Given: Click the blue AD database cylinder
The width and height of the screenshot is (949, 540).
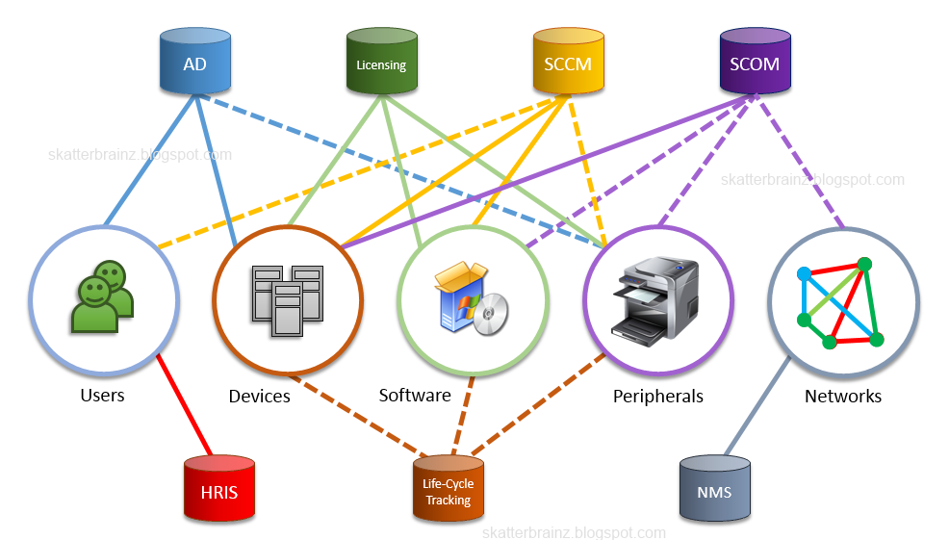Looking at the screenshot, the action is tap(194, 61).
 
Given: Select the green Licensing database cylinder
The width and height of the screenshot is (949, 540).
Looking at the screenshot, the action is tap(381, 61).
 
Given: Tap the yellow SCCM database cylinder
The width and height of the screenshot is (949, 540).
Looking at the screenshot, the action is tap(568, 61).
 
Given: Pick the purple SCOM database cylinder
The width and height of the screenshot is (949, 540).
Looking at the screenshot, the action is tap(755, 61).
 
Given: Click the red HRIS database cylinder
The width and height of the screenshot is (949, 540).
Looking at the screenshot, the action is tap(219, 488).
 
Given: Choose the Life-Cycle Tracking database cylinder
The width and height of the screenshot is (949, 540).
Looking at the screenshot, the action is tap(449, 488).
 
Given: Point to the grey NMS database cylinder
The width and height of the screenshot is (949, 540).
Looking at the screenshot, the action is tap(715, 488).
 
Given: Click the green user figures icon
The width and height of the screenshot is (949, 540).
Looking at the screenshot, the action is tap(102, 296).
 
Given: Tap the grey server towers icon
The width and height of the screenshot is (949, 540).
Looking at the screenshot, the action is tap(288, 300).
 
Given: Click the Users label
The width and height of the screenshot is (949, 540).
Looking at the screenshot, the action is tap(102, 396).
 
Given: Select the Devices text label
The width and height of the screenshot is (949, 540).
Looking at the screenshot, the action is tap(259, 396).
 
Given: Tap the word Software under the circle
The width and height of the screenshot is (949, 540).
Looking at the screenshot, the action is tap(415, 396).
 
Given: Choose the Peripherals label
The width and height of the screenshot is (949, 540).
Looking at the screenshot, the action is tap(658, 396).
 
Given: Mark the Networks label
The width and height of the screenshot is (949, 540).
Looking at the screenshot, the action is tap(843, 396).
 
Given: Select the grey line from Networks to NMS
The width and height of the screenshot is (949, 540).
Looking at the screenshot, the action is tap(758, 405).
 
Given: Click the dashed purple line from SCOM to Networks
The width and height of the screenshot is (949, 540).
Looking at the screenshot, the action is tap(800, 162).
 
